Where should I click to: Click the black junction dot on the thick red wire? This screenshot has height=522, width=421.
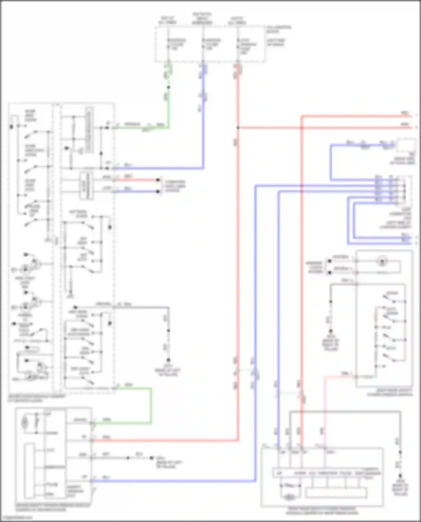coord(238,128)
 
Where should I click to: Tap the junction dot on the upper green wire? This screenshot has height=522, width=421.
coord(168,88)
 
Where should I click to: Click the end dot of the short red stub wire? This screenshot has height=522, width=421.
coord(158,180)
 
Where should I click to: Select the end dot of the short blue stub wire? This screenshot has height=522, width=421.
coord(158,192)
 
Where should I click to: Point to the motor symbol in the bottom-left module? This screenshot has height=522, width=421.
coord(25,421)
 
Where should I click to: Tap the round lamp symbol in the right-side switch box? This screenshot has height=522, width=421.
coord(382,262)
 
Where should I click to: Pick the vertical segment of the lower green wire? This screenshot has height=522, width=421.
coord(151,405)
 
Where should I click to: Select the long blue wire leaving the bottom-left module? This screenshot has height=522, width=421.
coord(174,481)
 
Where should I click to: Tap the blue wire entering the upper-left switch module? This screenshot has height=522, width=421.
coord(157,168)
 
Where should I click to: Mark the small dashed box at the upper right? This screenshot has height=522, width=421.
coord(406,145)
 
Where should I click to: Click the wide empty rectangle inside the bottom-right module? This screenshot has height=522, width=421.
coord(336,493)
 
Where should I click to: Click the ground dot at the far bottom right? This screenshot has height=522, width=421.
coord(400,476)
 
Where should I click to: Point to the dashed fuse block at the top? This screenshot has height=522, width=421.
coord(209,44)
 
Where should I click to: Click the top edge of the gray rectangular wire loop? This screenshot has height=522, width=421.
coord(345,411)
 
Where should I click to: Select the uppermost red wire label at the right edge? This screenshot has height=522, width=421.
coord(405,113)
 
